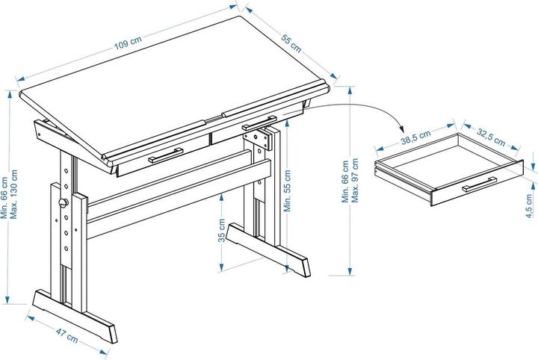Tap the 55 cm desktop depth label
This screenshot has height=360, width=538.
tap(291, 44)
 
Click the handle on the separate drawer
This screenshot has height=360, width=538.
tap(480, 184)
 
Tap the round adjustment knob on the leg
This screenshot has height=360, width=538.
tap(64, 202)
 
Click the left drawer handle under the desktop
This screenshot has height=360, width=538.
tap(166, 157)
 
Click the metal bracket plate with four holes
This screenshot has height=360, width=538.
tap(259, 140)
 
